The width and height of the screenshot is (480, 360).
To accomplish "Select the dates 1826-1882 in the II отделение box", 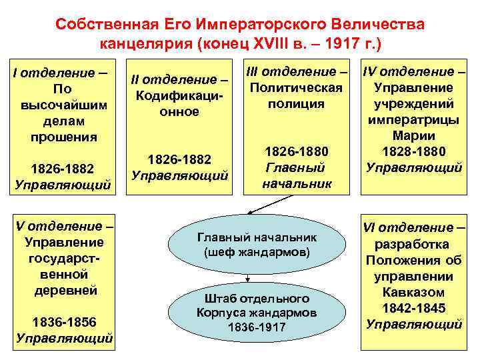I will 179,159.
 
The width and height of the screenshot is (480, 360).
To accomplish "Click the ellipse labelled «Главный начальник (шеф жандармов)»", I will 257,245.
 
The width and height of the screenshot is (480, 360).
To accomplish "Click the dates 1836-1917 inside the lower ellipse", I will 257,327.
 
